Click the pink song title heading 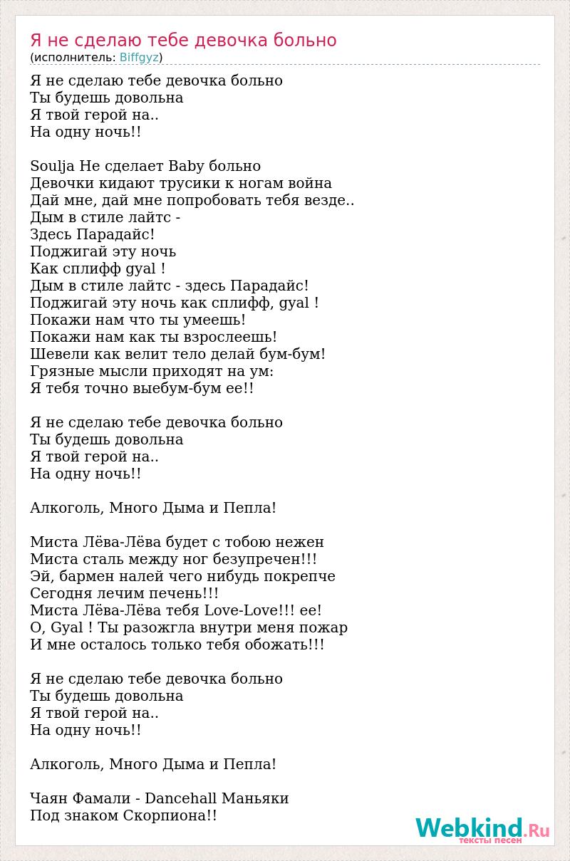(x=183, y=40)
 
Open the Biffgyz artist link (x=139, y=57)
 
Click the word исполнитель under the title (x=73, y=57)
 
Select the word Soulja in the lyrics (x=53, y=166)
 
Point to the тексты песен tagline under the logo (x=489, y=841)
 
